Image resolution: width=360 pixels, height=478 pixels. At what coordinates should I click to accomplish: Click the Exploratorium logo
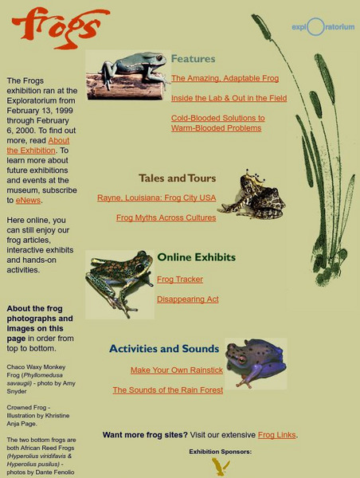pyautogui.click(x=323, y=27)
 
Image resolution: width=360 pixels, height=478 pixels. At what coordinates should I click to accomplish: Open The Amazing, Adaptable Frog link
pyautogui.click(x=225, y=78)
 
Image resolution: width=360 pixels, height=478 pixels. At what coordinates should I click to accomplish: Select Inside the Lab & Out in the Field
pyautogui.click(x=229, y=98)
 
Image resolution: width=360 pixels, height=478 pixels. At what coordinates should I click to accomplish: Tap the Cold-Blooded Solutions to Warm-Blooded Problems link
pyautogui.click(x=217, y=123)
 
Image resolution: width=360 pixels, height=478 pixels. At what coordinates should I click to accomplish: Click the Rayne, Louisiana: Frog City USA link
pyautogui.click(x=156, y=198)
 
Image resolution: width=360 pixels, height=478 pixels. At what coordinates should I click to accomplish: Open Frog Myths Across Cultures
pyautogui.click(x=166, y=217)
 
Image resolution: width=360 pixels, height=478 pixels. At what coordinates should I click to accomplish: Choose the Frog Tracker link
pyautogui.click(x=180, y=280)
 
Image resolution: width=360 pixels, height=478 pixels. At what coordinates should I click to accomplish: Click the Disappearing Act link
pyautogui.click(x=187, y=300)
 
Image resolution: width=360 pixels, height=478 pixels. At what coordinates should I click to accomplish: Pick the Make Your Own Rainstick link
pyautogui.click(x=177, y=370)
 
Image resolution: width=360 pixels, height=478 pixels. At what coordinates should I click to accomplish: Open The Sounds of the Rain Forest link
pyautogui.click(x=167, y=390)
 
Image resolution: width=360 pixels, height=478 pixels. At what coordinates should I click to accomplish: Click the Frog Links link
pyautogui.click(x=276, y=435)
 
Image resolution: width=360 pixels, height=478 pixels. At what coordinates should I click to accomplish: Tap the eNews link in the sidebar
pyautogui.click(x=28, y=200)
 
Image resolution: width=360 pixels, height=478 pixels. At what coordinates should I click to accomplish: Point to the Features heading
pyautogui.click(x=193, y=59)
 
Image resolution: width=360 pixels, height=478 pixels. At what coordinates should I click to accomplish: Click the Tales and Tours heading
pyautogui.click(x=177, y=178)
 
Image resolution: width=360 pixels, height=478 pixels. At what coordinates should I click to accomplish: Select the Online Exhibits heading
pyautogui.click(x=196, y=257)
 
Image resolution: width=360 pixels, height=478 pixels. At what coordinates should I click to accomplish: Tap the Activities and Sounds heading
pyautogui.click(x=164, y=349)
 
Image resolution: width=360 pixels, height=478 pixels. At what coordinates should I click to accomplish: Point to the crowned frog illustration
pyautogui.click(x=252, y=195)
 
